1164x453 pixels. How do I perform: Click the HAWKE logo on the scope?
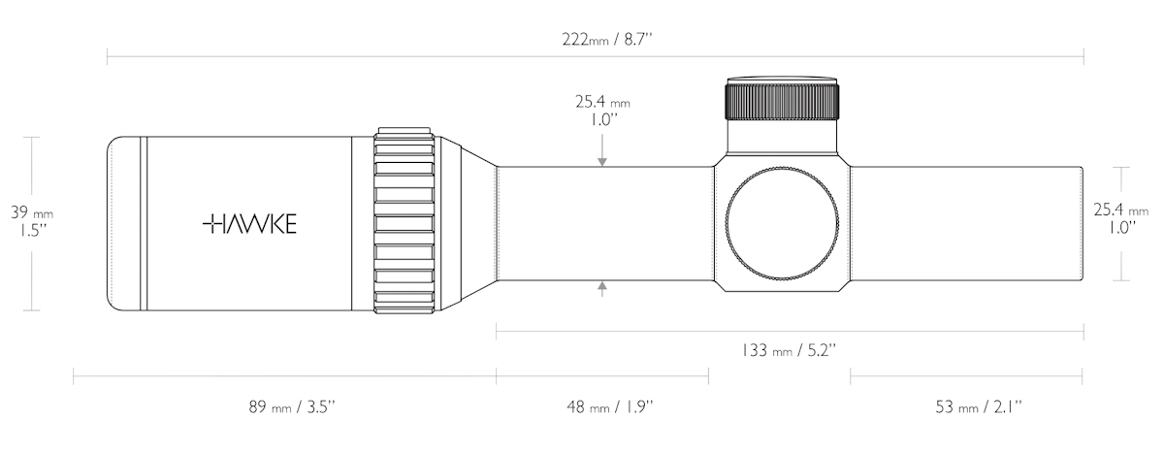pos(249,223)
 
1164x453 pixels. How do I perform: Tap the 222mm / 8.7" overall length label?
pos(607,40)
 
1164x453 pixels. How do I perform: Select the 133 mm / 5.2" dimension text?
pos(789,350)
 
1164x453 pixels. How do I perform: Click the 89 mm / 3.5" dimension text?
pos(292,406)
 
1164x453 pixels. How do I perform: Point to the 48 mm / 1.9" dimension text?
pos(609,406)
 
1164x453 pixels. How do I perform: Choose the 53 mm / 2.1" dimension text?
pos(979,406)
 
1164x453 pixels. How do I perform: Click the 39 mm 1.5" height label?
pos(32,221)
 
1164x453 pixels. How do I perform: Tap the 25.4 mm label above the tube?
pos(602,111)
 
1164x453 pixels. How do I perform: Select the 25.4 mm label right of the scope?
pos(1121,218)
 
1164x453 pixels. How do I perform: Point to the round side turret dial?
pos(783,223)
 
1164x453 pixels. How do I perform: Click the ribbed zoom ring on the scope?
pos(404,223)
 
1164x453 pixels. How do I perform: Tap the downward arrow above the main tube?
pos(602,150)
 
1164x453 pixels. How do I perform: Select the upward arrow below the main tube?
pos(602,289)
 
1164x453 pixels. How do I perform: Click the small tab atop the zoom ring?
pos(404,130)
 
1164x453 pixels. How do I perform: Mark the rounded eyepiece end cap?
pos(124,223)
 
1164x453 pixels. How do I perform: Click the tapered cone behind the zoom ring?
pos(478,223)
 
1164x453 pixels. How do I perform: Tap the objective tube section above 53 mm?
pos(967,223)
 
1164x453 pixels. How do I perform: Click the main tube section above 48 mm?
pos(605,223)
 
